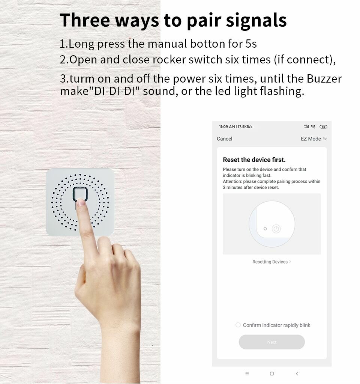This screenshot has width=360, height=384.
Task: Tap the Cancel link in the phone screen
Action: coord(224,139)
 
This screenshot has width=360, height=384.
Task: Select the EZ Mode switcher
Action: coord(313,139)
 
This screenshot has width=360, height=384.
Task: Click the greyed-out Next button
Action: coord(271,342)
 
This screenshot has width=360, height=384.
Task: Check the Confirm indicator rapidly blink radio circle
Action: coord(238,325)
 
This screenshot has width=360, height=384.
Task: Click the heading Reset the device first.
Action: coord(254,160)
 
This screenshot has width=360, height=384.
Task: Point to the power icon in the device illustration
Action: coord(276,229)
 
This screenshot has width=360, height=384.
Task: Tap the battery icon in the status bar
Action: coord(323,127)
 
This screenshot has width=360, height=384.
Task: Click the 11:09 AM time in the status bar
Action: coord(227,126)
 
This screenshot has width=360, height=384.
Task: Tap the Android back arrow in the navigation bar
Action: coord(297,373)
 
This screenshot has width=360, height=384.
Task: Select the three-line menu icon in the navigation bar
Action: coord(247,373)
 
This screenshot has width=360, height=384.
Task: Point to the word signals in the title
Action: coord(255,20)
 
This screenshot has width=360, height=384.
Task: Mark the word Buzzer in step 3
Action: coord(324,79)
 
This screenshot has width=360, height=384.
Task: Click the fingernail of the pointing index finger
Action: coord(80,203)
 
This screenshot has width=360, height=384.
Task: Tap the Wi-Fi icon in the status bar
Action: coord(313,127)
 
